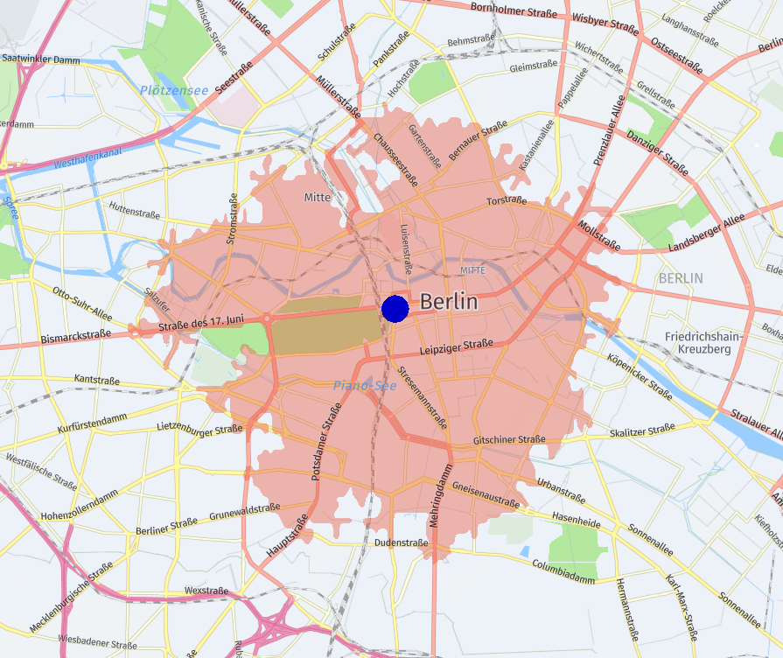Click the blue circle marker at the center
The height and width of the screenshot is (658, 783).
pyautogui.click(x=395, y=308)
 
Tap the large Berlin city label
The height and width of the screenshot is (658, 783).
pyautogui.click(x=449, y=302)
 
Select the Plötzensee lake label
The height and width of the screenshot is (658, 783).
pyautogui.click(x=174, y=90)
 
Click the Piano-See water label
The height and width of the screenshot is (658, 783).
pyautogui.click(x=365, y=385)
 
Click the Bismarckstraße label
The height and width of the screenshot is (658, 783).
pyautogui.click(x=75, y=335)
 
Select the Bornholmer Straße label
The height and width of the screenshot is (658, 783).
pyautogui.click(x=514, y=9)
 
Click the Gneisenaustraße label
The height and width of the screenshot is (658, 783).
pyautogui.click(x=486, y=492)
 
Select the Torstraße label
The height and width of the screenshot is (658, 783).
pyautogui.click(x=507, y=200)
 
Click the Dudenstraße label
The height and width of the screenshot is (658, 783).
pyautogui.click(x=401, y=542)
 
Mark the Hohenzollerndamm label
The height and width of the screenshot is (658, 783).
pyautogui.click(x=79, y=505)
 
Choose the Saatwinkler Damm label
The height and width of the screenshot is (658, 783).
pyautogui.click(x=41, y=59)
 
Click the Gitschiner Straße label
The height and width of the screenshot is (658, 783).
pyautogui.click(x=509, y=439)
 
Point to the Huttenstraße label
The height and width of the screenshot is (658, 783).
pyautogui.click(x=135, y=209)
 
